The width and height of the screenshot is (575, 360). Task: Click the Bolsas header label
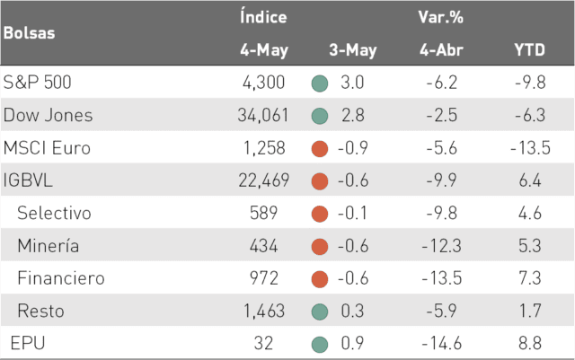point(30,33)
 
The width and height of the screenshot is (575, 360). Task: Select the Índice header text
point(263,17)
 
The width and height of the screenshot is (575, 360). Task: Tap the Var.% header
point(441,17)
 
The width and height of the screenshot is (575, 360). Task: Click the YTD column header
point(529,49)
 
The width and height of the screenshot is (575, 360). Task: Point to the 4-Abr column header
point(441,49)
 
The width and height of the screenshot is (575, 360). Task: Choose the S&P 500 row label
point(37,82)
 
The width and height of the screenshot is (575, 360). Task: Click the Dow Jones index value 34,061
point(263,115)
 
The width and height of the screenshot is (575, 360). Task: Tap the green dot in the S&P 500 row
point(320,83)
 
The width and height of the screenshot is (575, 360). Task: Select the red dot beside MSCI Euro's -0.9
point(320,149)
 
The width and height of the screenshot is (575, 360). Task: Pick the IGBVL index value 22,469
point(263,180)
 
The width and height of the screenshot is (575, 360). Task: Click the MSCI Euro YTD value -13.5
point(530,148)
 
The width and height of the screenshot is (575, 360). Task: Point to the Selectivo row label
point(54,213)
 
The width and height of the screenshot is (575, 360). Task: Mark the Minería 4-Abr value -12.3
point(441,246)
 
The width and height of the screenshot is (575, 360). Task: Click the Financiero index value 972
point(264,278)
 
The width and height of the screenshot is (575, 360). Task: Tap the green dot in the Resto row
point(320,312)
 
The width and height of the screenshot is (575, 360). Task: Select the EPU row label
point(28,344)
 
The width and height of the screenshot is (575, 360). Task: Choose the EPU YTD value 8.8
point(530,344)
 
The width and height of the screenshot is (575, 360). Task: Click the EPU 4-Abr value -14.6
point(441,344)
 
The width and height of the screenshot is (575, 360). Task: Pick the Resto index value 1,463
point(264,311)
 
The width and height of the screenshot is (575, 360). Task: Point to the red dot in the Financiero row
point(320,279)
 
